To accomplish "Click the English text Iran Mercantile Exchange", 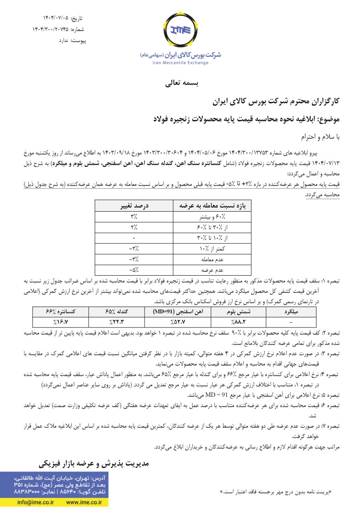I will [x=180, y=63].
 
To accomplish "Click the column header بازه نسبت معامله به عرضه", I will [x=212, y=206].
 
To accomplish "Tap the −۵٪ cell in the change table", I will [x=134, y=270].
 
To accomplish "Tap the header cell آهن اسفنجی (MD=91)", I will [x=178, y=311].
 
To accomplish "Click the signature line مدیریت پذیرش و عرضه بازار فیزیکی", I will [x=94, y=463].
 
